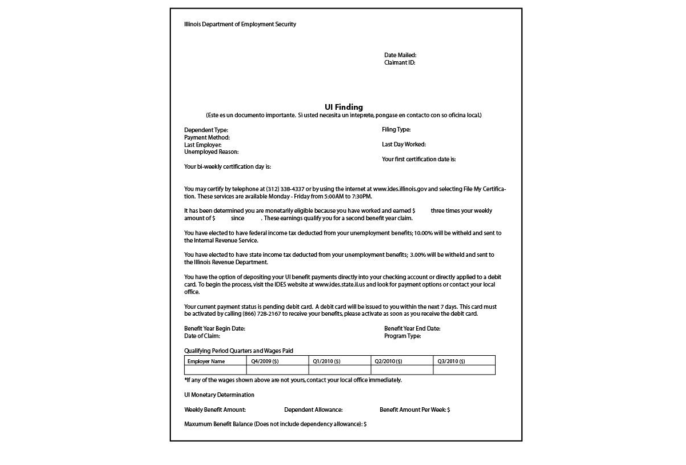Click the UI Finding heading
coord(344,107)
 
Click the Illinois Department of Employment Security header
coord(240,25)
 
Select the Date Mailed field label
coord(400,55)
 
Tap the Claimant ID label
coord(400,63)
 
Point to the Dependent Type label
coord(206,130)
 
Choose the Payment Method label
coord(207,138)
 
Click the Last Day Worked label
coord(404,145)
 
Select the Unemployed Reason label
coord(212,152)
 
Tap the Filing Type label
coord(396,130)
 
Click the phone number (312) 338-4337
coord(285,189)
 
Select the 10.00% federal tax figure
coord(424,233)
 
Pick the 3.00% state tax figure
coord(418,255)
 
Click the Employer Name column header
coord(206,361)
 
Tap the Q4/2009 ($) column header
coord(265,361)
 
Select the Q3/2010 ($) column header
coord(451,361)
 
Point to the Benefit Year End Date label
coord(412,329)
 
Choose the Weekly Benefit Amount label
coord(215,410)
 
